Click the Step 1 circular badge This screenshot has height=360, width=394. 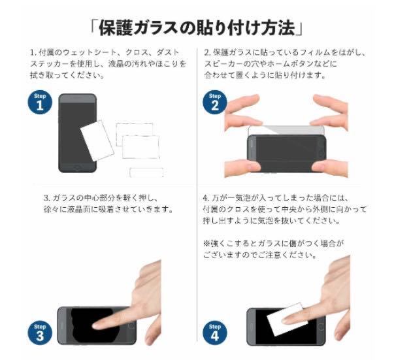coord(40,103)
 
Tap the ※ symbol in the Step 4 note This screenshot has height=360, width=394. coord(206,242)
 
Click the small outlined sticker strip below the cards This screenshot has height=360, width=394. coord(146,172)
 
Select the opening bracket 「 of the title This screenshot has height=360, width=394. coord(93,27)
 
